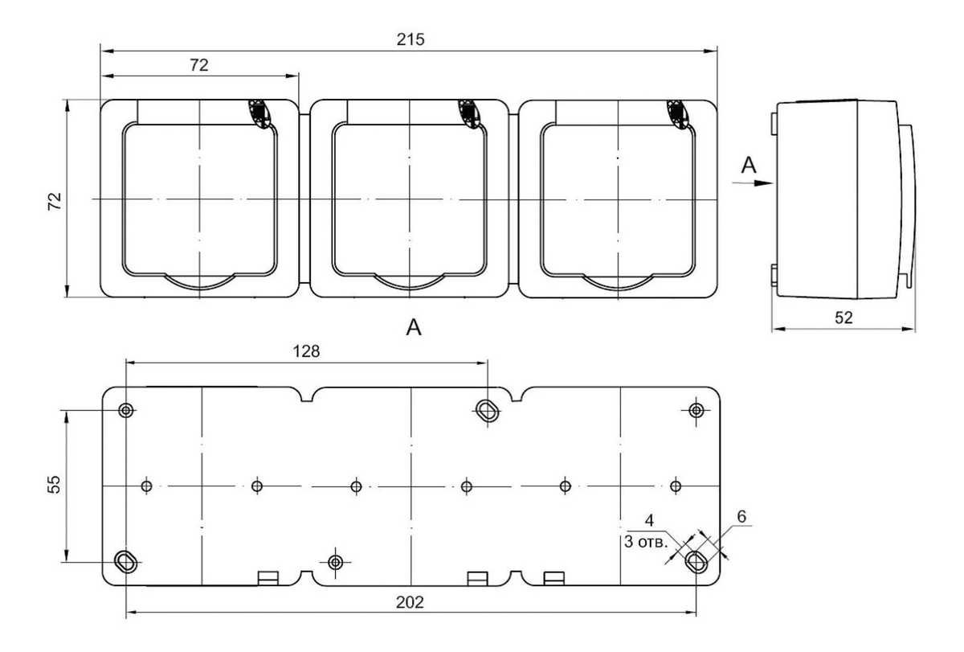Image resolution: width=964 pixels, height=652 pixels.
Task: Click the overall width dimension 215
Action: [x=411, y=39]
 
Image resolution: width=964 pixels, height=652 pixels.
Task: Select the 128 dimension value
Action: [x=306, y=351]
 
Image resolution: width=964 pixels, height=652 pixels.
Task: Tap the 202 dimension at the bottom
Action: [x=410, y=602]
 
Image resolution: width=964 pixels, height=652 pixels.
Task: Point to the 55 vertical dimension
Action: [x=55, y=485]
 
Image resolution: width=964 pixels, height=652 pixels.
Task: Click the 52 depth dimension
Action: [x=843, y=318]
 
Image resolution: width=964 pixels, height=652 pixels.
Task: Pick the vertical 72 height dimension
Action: [x=55, y=202]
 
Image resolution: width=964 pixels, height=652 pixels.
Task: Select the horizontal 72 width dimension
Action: [x=199, y=65]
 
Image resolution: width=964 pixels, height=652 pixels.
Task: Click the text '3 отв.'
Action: [x=646, y=542]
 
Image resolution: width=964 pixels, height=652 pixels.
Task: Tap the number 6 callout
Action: [x=741, y=516]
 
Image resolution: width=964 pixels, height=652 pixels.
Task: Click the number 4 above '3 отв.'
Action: [x=649, y=521]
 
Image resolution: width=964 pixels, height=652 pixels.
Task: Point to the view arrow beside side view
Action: [x=753, y=183]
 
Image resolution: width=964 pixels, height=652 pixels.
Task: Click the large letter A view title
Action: [x=414, y=327]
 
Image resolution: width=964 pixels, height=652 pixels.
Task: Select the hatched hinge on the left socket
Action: [x=259, y=113]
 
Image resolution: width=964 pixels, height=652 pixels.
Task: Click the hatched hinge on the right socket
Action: [x=678, y=113]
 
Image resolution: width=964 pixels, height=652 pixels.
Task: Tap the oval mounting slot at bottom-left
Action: [x=126, y=562]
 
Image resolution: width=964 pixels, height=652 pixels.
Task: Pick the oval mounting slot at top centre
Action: [x=487, y=410]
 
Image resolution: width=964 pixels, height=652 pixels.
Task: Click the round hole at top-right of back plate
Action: [x=696, y=410]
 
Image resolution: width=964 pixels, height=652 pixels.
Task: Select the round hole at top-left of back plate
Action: [x=126, y=410]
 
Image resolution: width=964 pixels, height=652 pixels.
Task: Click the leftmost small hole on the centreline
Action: [x=146, y=486]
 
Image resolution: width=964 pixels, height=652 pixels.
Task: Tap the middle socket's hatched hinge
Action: [x=469, y=113]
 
